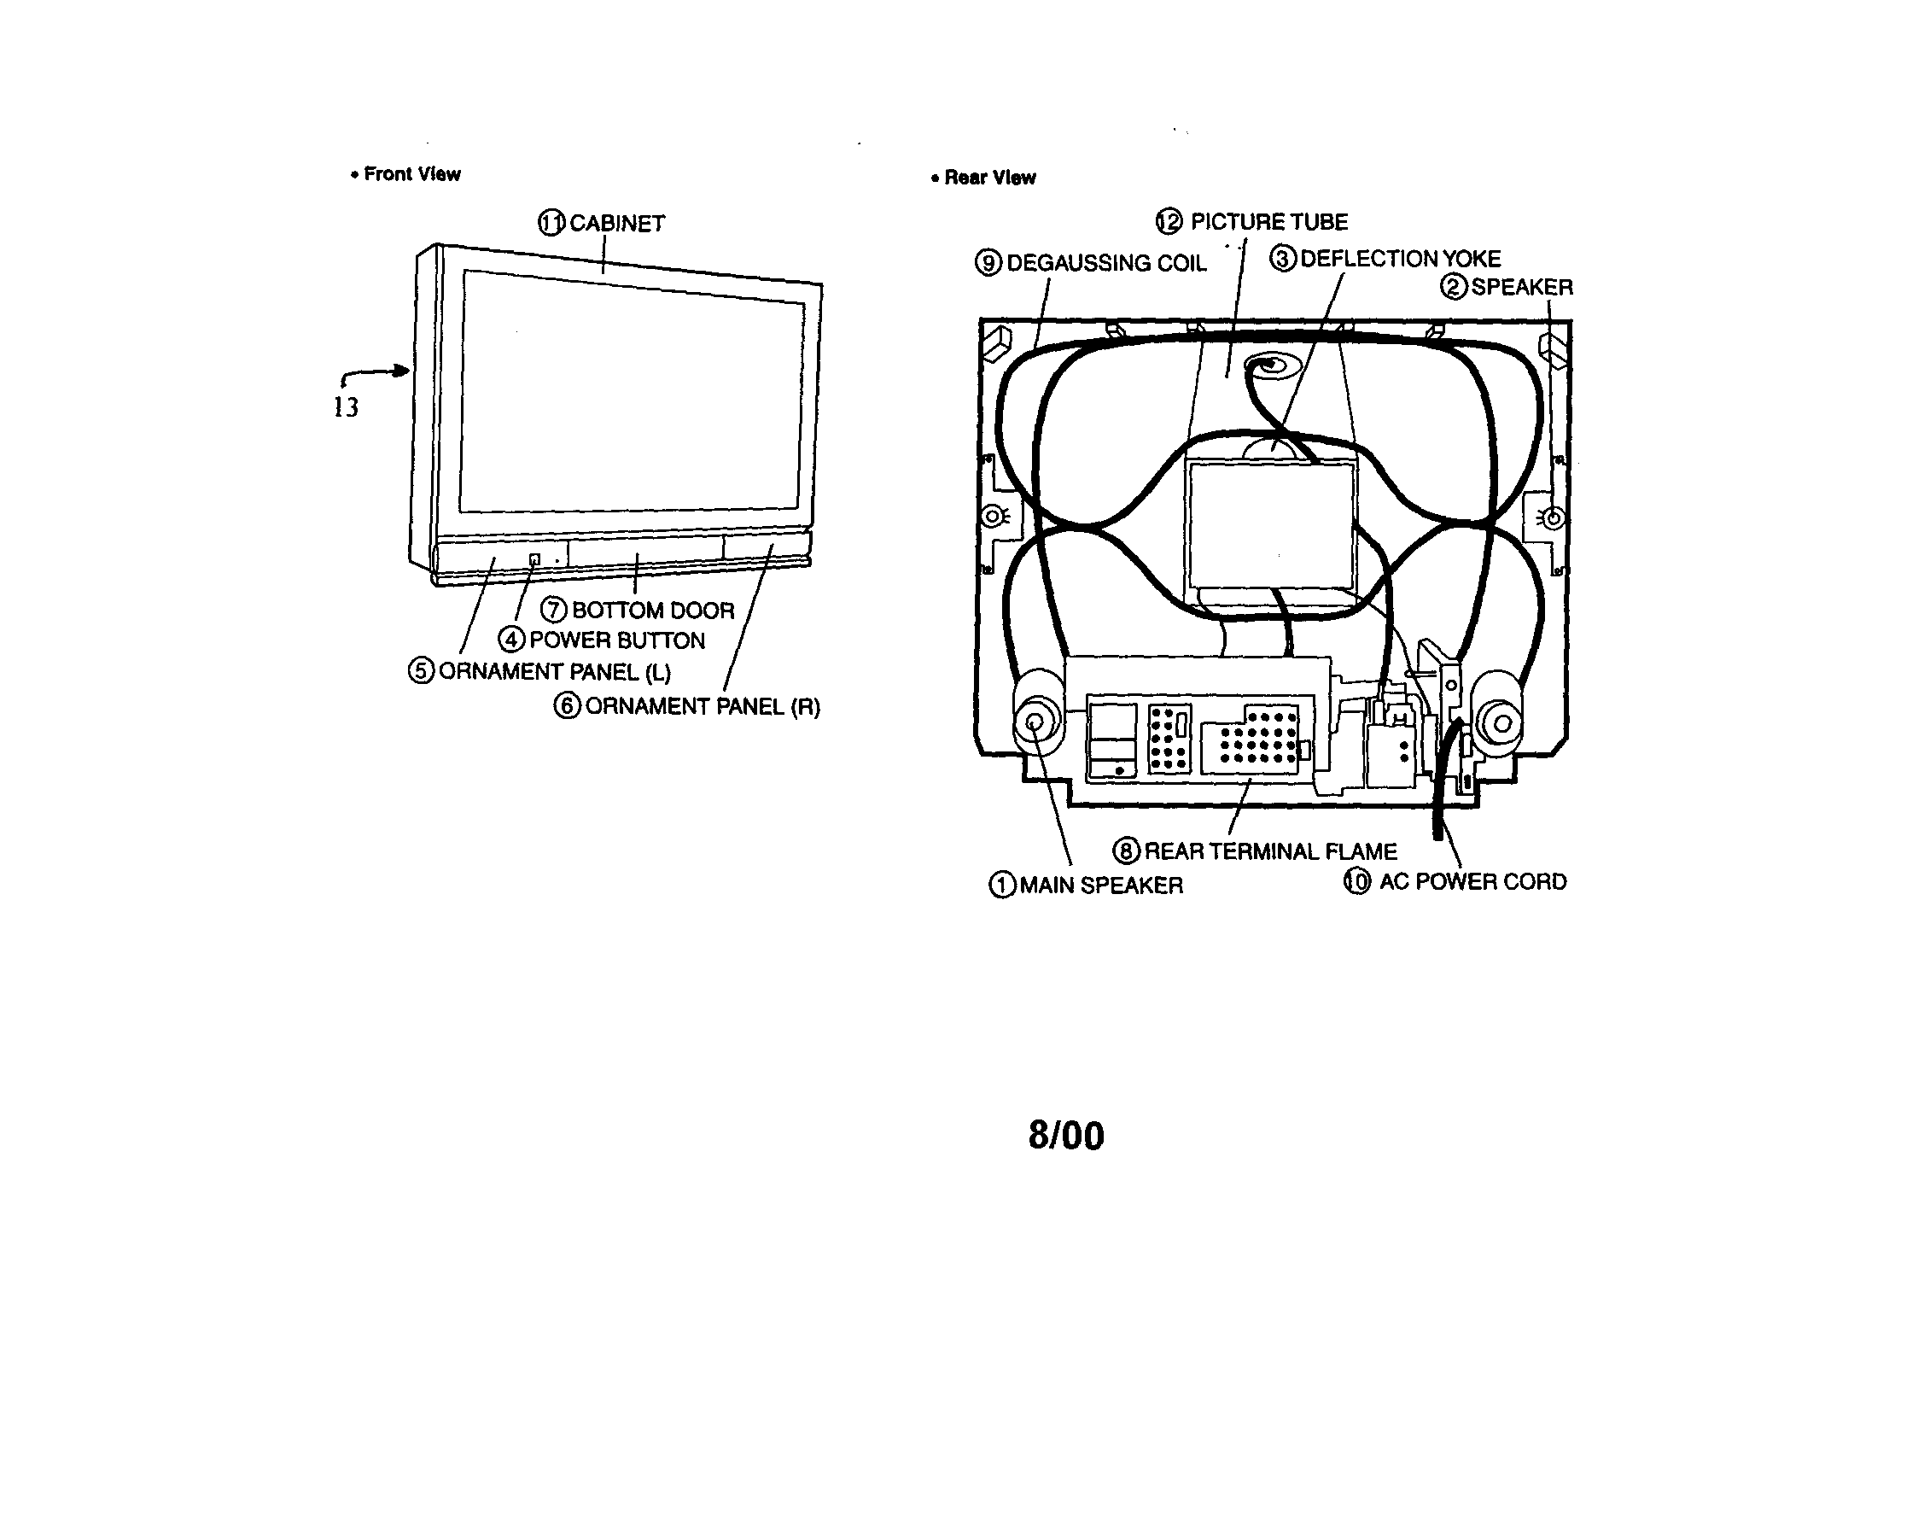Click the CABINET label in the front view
tap(617, 224)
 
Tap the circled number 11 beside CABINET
tap(551, 223)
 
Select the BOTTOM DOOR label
tap(653, 611)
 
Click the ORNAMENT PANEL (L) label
tap(555, 672)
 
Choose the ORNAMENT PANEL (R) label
tap(703, 706)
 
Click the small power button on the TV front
tap(534, 559)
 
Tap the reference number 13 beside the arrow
tap(346, 406)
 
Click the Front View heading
tap(412, 173)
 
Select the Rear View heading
tap(990, 178)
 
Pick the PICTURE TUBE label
tap(1269, 222)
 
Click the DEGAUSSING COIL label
tap(1107, 263)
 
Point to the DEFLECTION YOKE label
tap(1400, 259)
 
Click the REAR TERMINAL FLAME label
tap(1271, 852)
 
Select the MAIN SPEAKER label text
tap(1100, 886)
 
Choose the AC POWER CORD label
tap(1472, 882)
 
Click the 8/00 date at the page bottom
tap(1066, 1136)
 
